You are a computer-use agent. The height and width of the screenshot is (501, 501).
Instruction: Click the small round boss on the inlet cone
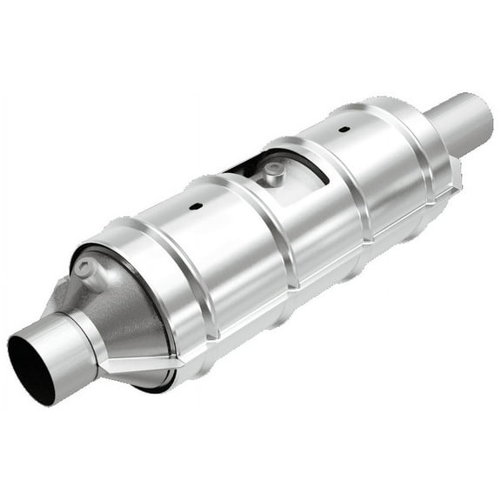click(x=88, y=270)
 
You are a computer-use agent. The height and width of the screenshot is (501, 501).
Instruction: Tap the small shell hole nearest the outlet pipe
click(x=344, y=130)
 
